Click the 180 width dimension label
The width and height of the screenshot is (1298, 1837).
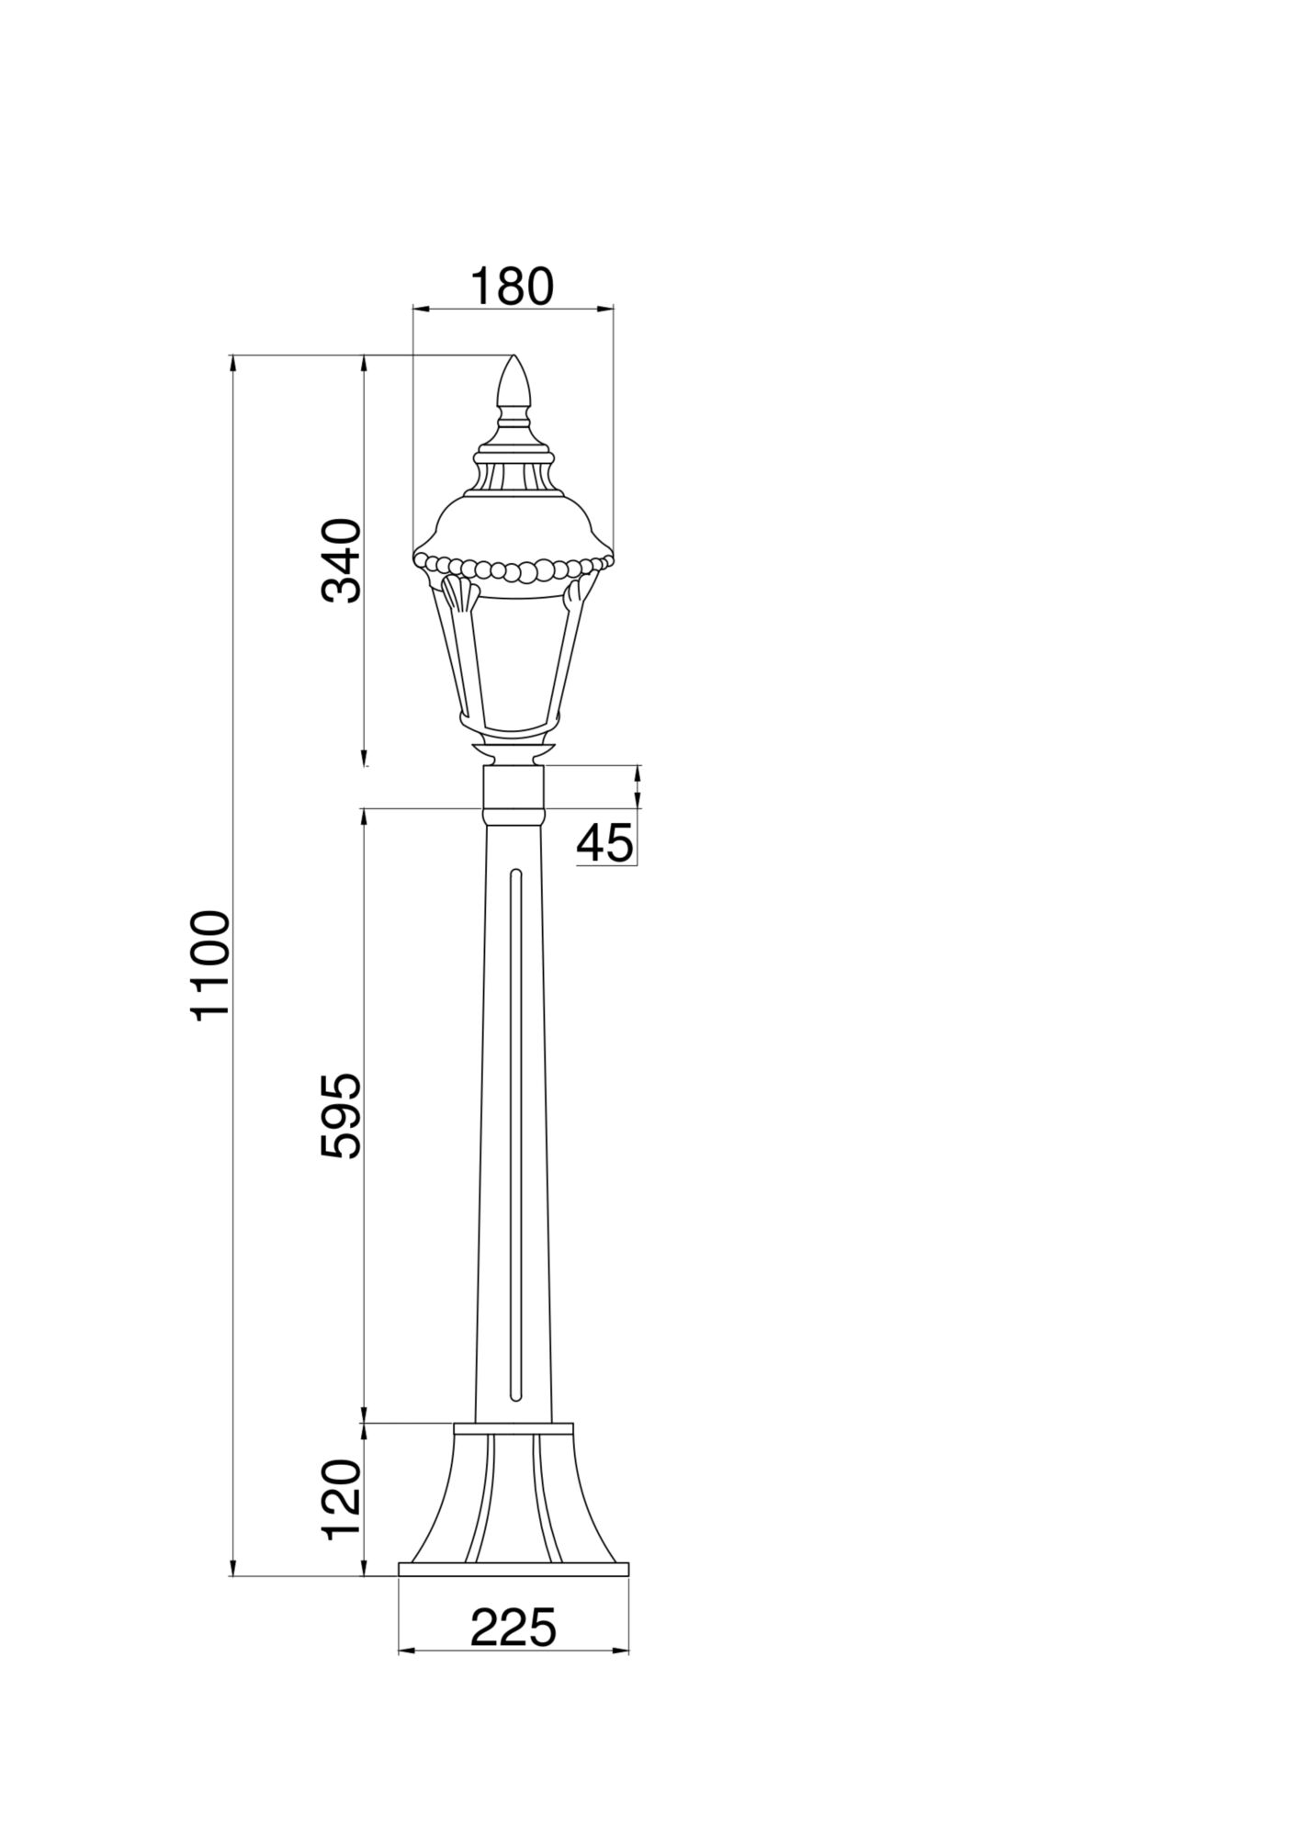click(x=513, y=287)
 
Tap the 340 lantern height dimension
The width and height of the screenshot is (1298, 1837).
click(x=343, y=559)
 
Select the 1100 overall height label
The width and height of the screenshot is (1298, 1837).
click(x=210, y=964)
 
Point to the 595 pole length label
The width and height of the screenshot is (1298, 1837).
click(x=343, y=1115)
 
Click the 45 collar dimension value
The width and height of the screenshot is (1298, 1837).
click(x=605, y=842)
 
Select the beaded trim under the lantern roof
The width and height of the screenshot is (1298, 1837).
click(x=513, y=569)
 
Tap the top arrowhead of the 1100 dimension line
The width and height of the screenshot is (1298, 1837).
click(x=233, y=362)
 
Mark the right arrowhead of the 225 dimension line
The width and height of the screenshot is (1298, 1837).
click(x=624, y=1651)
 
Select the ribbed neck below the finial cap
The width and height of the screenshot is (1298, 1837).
click(x=514, y=476)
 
